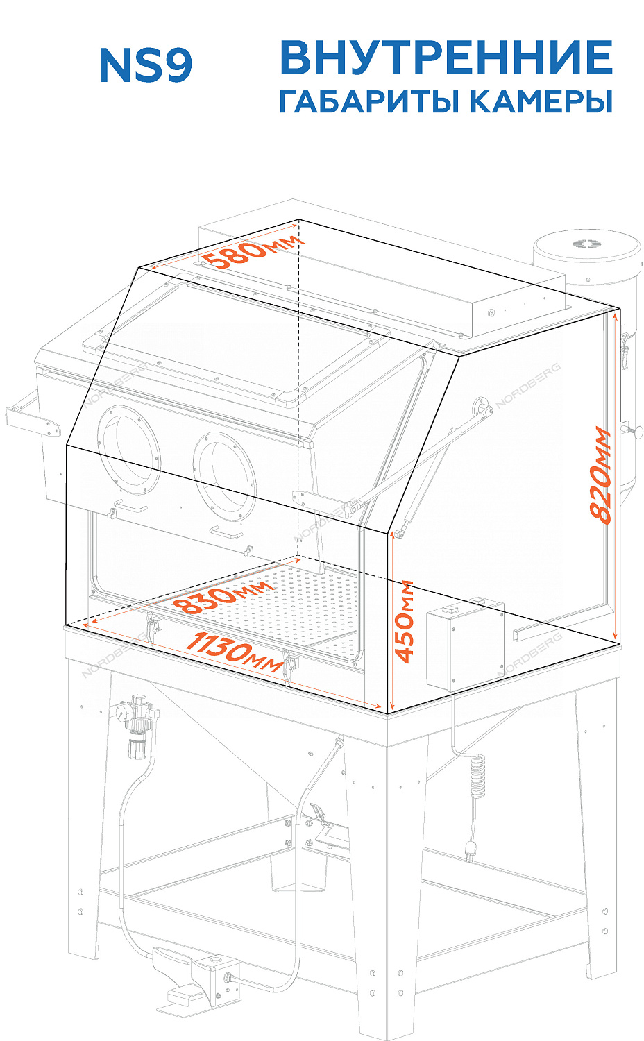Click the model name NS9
146,65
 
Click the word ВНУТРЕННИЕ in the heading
446,58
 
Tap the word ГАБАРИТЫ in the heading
369,101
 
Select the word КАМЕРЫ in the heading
541,101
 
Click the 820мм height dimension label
599,475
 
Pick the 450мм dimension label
403,621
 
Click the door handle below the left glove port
131,506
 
